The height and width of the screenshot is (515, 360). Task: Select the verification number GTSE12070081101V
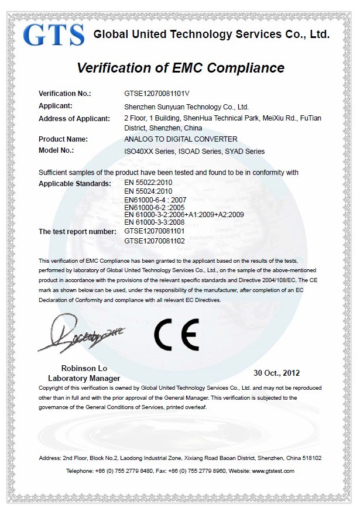point(157,93)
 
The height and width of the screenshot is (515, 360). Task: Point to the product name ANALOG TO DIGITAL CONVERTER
point(181,139)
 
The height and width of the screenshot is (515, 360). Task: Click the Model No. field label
point(56,150)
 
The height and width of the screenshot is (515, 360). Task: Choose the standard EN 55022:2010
point(146,183)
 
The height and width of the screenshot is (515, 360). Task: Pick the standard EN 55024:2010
point(146,191)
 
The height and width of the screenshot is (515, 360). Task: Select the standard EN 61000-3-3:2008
point(153,222)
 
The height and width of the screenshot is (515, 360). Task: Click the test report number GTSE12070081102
point(155,241)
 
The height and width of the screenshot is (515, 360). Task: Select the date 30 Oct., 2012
point(276,372)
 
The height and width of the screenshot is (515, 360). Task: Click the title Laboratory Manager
point(76,379)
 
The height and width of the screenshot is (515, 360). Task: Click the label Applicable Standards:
point(74,184)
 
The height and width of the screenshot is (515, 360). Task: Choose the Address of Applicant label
point(74,119)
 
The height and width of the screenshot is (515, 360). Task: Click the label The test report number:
point(77,232)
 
